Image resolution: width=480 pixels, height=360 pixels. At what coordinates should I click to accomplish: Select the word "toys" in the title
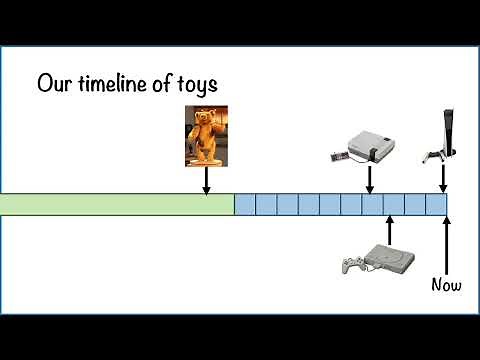click(198, 84)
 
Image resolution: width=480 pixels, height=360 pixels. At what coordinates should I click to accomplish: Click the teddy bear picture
click(205, 136)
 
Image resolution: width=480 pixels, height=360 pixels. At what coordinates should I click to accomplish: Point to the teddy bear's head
click(205, 119)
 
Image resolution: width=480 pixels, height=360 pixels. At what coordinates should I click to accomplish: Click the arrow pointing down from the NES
click(369, 181)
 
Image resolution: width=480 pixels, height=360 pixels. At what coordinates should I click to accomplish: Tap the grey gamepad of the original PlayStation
click(351, 264)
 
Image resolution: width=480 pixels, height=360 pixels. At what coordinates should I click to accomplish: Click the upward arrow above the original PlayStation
click(389, 229)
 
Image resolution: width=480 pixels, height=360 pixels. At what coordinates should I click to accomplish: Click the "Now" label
click(446, 285)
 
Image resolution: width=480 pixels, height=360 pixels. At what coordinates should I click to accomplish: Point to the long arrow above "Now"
click(445, 245)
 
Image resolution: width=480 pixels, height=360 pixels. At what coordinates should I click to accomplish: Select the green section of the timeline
click(117, 205)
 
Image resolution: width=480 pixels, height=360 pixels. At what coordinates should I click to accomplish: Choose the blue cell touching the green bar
click(245, 205)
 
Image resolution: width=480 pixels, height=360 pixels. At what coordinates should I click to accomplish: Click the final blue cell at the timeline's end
click(435, 205)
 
